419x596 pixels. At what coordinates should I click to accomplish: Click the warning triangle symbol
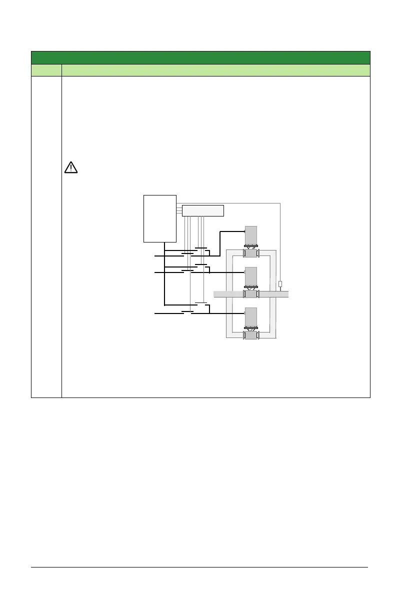71,167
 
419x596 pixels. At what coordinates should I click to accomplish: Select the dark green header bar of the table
200,57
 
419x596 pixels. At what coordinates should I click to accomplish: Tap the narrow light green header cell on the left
46,70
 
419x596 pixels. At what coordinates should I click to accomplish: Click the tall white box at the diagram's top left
160,218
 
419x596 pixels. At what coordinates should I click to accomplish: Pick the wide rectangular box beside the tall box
202,210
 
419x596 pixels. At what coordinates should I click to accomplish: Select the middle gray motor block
250,276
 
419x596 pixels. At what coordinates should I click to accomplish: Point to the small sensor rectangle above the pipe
280,284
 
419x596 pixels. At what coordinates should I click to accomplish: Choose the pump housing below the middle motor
250,294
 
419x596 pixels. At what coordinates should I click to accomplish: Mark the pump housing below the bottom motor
250,335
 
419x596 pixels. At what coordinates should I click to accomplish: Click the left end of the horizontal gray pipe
216,294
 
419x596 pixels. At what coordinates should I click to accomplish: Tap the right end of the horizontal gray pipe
286,294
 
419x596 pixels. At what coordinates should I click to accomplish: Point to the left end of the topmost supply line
155,255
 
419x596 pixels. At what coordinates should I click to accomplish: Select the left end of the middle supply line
155,273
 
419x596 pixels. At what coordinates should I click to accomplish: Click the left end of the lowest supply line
155,313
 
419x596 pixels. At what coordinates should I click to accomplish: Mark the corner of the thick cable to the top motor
220,232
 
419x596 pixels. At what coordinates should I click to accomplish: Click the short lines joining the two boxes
179,210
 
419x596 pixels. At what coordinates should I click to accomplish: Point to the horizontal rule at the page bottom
199,567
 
